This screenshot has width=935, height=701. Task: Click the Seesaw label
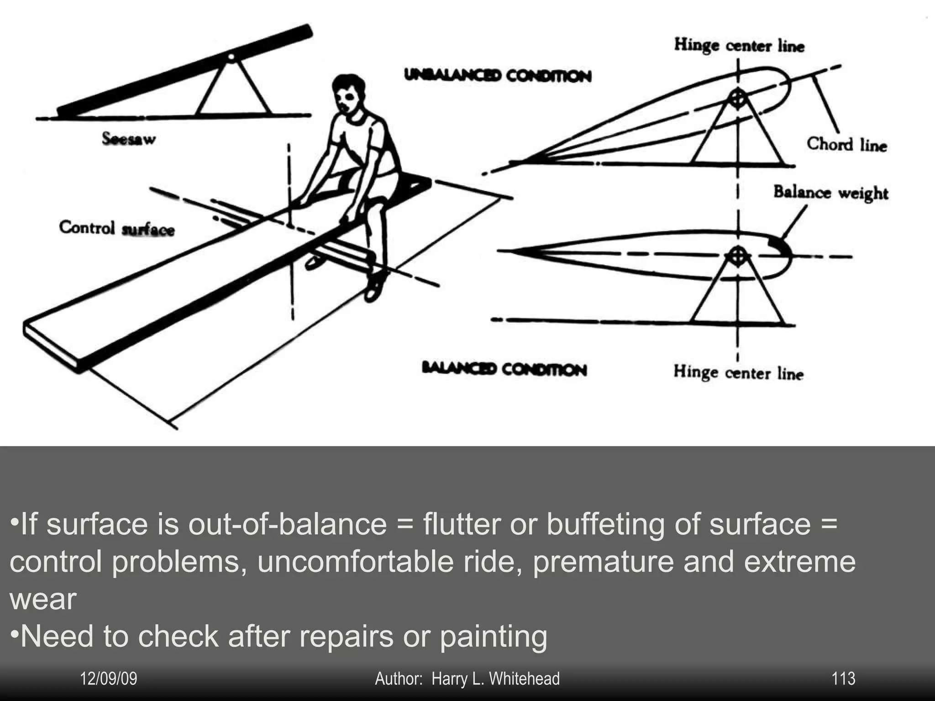click(x=129, y=138)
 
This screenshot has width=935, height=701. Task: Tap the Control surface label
click(x=117, y=228)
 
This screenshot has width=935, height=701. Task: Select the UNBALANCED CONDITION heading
click(x=498, y=75)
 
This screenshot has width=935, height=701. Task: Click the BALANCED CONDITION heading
click(x=504, y=369)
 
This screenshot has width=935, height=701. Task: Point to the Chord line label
click(x=846, y=144)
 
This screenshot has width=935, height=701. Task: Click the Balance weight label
click(x=830, y=192)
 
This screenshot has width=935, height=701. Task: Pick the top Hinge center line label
click(x=739, y=45)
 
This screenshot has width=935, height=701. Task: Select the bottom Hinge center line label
click(x=738, y=372)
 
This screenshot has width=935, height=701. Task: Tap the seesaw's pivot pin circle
click(x=231, y=57)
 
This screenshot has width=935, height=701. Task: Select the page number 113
click(x=843, y=679)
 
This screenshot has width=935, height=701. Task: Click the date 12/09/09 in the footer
click(x=109, y=679)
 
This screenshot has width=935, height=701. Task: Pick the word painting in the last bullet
click(x=494, y=636)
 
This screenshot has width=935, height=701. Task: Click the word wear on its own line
click(x=43, y=599)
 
